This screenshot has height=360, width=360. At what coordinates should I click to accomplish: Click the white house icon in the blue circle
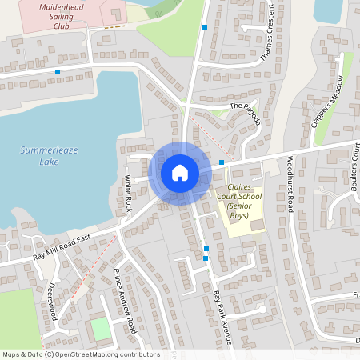click(x=179, y=172)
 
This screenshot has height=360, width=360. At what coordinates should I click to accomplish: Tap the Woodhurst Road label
click(x=291, y=190)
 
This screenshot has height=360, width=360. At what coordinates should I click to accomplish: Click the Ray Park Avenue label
click(x=222, y=317)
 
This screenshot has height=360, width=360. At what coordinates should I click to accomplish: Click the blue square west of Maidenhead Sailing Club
click(x=58, y=72)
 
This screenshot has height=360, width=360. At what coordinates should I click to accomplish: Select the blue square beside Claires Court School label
click(x=222, y=162)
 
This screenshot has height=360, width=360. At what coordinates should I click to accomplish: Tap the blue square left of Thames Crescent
click(x=206, y=27)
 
